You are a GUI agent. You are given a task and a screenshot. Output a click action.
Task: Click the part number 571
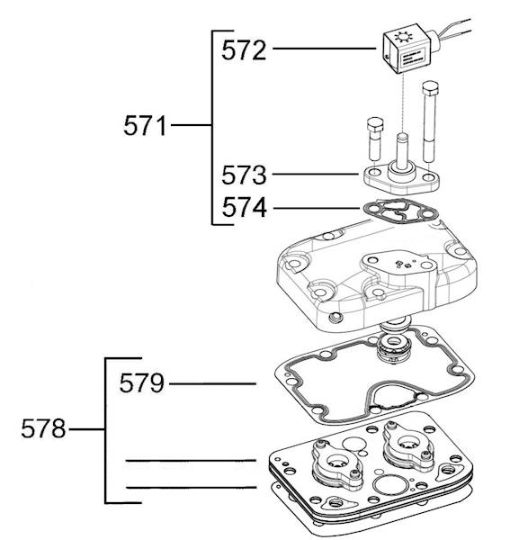(x=145, y=126)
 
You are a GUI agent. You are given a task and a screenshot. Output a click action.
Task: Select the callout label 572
(x=244, y=50)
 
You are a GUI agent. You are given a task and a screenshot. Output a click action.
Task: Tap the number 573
(x=244, y=175)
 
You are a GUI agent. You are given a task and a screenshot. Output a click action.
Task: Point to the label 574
(x=244, y=207)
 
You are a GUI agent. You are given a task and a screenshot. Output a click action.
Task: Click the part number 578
(x=43, y=428)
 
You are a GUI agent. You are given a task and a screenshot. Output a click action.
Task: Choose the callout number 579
(x=142, y=383)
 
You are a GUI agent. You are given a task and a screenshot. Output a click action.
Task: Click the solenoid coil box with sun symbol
(x=407, y=49)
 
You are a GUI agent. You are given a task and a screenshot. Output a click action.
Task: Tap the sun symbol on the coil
(x=402, y=37)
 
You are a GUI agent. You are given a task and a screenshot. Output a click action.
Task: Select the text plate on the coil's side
(x=413, y=58)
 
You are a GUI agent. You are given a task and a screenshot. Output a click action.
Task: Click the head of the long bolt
(x=430, y=89)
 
